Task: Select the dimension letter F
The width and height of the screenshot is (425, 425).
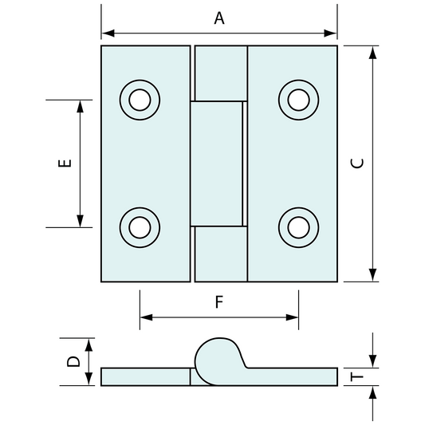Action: [x=219, y=302]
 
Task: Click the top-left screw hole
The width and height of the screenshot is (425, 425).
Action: [x=140, y=100]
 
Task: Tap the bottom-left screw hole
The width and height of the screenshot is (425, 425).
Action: [x=140, y=227]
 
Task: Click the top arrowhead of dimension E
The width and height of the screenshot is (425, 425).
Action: [x=81, y=105]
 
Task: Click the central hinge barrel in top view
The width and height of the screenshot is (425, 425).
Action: [x=217, y=163]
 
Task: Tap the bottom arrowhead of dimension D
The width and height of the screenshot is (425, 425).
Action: [x=89, y=381]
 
